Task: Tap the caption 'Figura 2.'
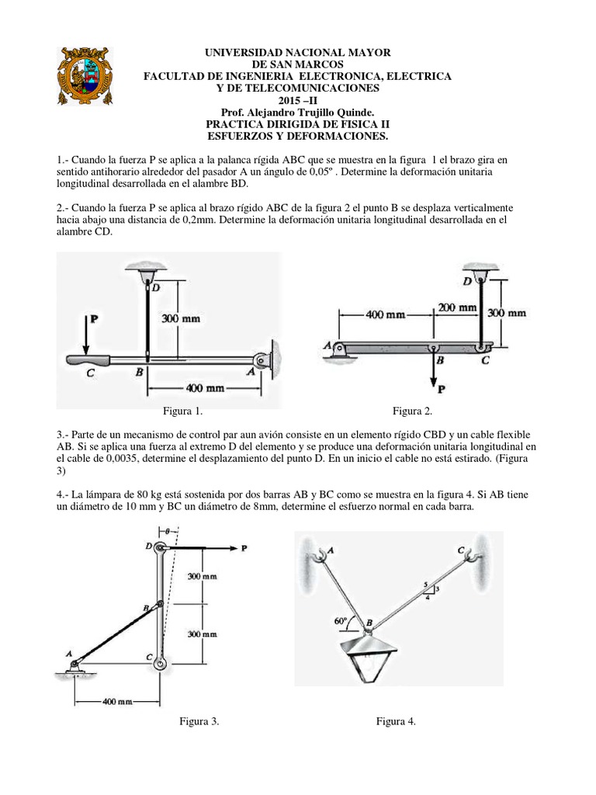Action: (x=413, y=411)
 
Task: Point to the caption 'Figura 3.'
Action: (x=199, y=721)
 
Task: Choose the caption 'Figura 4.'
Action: (x=397, y=721)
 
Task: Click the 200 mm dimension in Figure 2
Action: (x=456, y=307)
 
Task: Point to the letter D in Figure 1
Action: (x=157, y=289)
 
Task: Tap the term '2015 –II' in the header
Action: (x=297, y=99)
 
